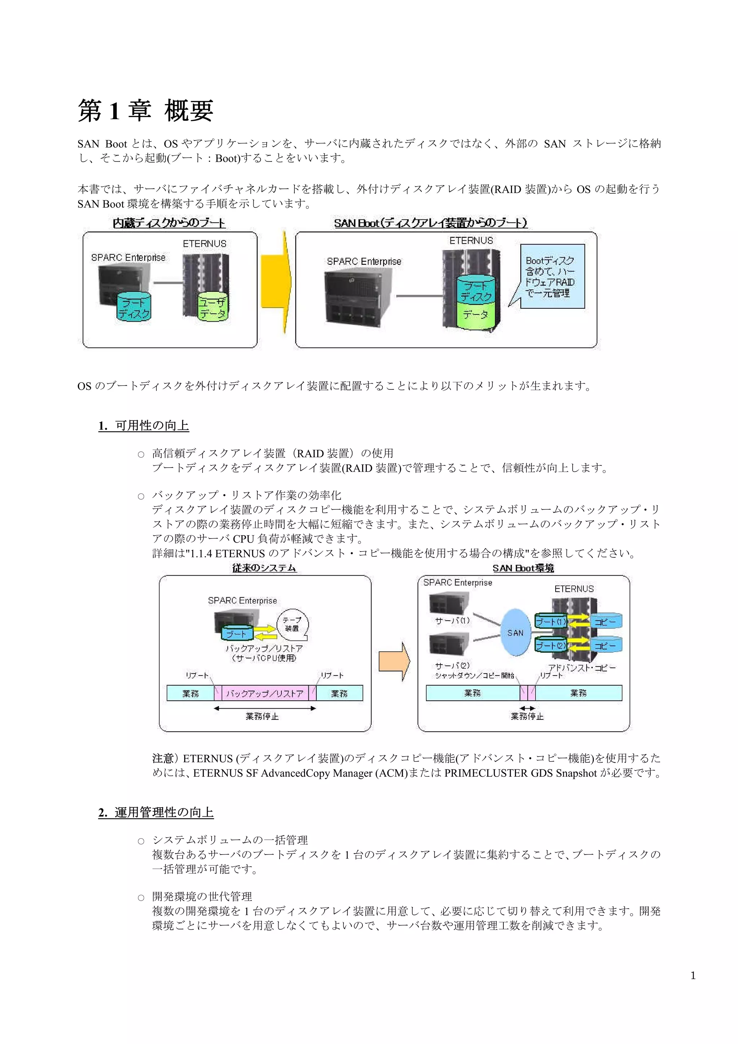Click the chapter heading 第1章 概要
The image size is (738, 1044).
point(146,111)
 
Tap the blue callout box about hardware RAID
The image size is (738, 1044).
point(552,276)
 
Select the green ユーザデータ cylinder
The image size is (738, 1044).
point(213,307)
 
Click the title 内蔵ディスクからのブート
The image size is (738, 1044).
point(169,223)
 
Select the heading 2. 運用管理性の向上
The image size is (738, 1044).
point(156,812)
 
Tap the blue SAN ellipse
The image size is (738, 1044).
point(516,633)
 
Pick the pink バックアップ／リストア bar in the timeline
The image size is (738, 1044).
point(264,693)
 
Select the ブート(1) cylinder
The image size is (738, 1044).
point(551,621)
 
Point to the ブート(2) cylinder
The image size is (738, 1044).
point(551,646)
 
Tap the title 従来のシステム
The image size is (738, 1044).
point(264,568)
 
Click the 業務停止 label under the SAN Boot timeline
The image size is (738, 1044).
point(527,716)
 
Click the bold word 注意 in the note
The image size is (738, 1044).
point(163,758)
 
